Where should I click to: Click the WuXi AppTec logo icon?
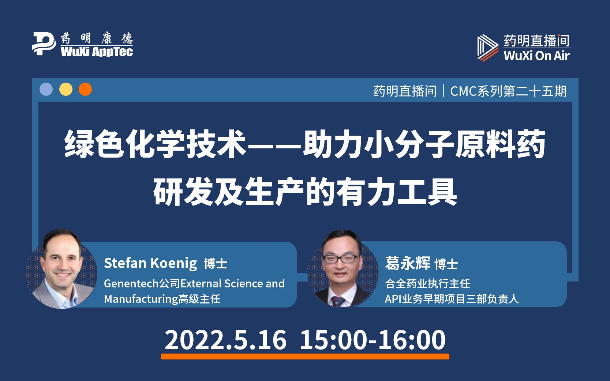point(44,44)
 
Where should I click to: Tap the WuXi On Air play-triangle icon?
point(487,48)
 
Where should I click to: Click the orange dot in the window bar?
point(85,90)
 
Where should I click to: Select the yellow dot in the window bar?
point(66,90)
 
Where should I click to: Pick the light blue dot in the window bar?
point(46,90)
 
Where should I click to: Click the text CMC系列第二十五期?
point(508,91)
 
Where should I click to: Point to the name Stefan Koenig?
point(150,263)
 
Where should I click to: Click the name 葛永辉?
point(407,263)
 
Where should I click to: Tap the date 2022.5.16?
point(225,340)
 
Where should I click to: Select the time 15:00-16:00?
point(373,340)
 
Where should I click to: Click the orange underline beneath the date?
point(305,356)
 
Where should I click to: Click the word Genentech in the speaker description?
point(131,283)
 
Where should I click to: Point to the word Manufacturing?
point(141,299)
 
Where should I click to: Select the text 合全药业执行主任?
point(427,283)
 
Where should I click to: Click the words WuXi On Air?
point(536,56)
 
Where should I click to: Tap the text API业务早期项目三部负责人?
point(452,299)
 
